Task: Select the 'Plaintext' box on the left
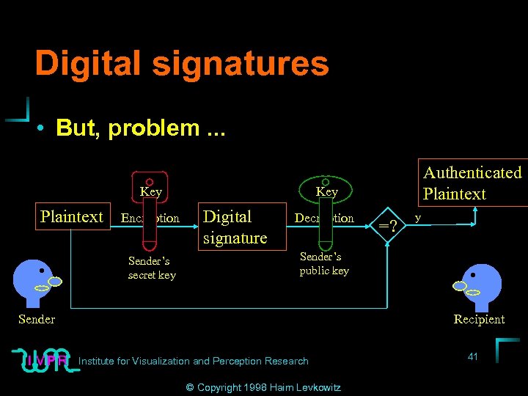click(72, 216)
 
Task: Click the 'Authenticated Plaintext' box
click(472, 183)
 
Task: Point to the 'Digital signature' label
click(234, 227)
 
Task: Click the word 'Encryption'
click(150, 218)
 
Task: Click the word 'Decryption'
click(323, 218)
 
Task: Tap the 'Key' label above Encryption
click(150, 192)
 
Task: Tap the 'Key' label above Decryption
click(326, 192)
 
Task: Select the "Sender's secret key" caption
click(152, 268)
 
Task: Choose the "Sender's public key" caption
click(324, 263)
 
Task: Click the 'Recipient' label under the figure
click(479, 319)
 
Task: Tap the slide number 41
click(473, 356)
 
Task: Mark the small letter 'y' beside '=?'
click(418, 218)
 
